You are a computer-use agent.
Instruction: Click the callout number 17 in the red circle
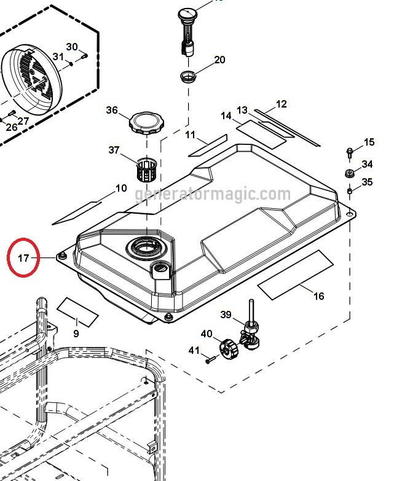[x=23, y=258]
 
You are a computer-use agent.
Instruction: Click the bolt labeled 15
[x=350, y=151]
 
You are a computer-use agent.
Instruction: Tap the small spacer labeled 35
[x=350, y=192]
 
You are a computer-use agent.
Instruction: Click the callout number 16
[x=318, y=296]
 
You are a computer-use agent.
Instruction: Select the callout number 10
[x=121, y=188]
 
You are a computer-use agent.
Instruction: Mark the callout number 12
[x=281, y=104]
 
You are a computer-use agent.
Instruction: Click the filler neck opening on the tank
[x=143, y=248]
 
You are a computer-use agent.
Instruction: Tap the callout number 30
[x=72, y=47]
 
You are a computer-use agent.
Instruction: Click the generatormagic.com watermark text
[x=213, y=195]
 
